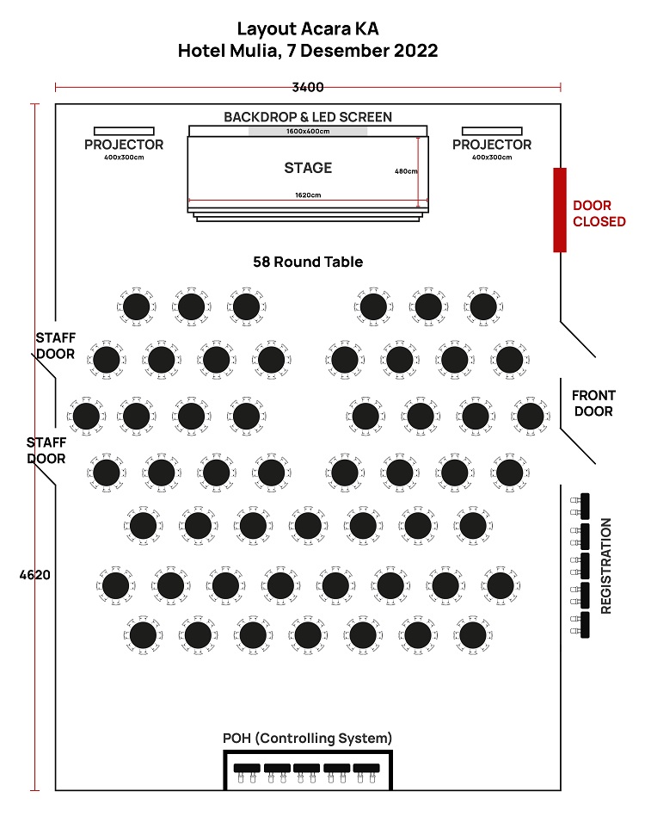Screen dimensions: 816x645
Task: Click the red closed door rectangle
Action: pyautogui.click(x=560, y=210)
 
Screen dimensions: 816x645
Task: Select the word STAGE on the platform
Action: pyautogui.click(x=308, y=168)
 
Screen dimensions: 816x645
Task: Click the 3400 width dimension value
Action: pyautogui.click(x=307, y=87)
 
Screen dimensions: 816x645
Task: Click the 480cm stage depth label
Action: pyautogui.click(x=406, y=171)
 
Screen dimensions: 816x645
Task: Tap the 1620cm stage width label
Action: pyautogui.click(x=308, y=195)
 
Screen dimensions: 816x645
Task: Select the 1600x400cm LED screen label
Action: pyautogui.click(x=308, y=132)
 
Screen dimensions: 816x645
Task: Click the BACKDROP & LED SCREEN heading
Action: pyautogui.click(x=308, y=117)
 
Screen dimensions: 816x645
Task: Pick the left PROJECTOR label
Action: pyautogui.click(x=124, y=145)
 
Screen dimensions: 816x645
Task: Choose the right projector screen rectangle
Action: pyautogui.click(x=492, y=131)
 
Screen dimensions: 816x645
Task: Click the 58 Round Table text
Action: pyautogui.click(x=308, y=262)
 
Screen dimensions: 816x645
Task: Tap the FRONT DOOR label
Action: pyautogui.click(x=593, y=403)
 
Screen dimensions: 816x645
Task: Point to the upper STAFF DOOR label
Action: pyautogui.click(x=55, y=344)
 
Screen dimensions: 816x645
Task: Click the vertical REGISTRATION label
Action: pyautogui.click(x=605, y=566)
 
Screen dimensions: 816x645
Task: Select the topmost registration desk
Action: pyautogui.click(x=585, y=505)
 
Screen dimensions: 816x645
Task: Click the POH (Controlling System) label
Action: pyautogui.click(x=308, y=739)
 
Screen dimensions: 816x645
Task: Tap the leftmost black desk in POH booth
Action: pyautogui.click(x=247, y=767)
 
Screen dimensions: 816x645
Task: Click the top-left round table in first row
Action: pyautogui.click(x=136, y=306)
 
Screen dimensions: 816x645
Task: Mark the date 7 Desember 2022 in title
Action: pyautogui.click(x=361, y=51)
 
